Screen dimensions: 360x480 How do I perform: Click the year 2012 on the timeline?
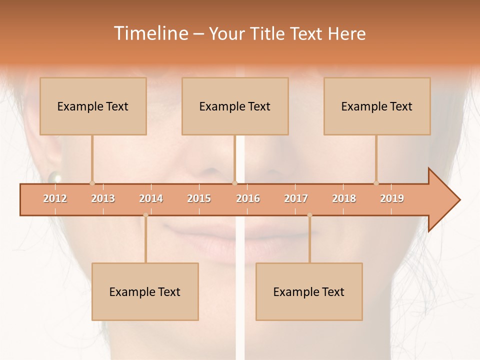point(55,198)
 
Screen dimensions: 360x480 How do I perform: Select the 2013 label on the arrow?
point(103,198)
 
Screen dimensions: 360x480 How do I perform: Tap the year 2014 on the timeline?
point(151,198)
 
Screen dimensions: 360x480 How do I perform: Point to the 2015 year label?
point(199,198)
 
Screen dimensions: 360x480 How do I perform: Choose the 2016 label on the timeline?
point(248,198)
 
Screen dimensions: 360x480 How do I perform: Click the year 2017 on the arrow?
point(296,198)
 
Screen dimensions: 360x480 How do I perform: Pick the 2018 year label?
point(344,198)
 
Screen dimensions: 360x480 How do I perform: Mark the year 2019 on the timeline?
point(392,198)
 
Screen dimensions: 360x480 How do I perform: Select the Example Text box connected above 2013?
point(93,106)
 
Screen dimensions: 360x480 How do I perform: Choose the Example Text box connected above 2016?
point(235,106)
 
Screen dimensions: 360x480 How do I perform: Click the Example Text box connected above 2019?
point(377,106)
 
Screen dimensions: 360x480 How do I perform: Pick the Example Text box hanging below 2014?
point(145,291)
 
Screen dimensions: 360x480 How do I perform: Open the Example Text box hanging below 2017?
point(309,291)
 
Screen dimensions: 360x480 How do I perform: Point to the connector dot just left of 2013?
point(92,183)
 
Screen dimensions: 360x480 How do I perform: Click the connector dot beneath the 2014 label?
point(145,215)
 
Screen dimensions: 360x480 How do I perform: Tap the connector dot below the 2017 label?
point(309,215)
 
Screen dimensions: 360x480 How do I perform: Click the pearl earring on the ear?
point(54,177)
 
